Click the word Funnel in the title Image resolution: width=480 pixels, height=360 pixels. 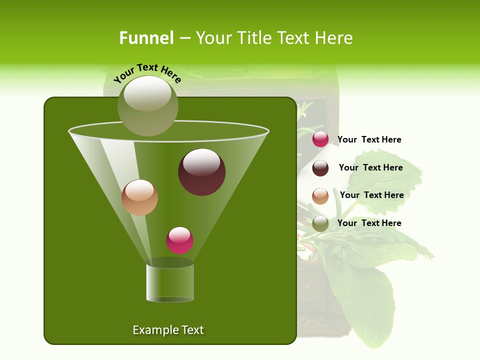146,38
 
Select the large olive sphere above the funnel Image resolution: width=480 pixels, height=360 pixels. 148,105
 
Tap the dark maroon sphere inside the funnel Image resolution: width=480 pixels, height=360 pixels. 202,172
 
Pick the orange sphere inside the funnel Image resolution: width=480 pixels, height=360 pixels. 139,197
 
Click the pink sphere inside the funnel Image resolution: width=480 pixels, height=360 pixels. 180,240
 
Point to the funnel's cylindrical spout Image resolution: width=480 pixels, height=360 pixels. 170,282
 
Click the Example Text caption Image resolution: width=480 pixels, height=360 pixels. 168,330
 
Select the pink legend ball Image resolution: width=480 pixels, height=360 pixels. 320,139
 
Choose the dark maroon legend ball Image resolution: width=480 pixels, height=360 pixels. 320,168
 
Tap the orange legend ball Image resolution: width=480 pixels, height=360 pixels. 320,196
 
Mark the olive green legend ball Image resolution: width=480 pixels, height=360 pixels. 320,223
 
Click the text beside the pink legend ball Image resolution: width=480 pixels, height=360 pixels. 369,140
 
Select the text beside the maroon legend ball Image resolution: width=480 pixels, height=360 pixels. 370,168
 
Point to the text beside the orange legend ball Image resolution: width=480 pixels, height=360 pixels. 371,195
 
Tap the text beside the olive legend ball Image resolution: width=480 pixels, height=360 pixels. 369,223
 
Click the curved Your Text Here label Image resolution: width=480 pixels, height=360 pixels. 147,72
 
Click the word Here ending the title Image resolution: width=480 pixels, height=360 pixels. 334,38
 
